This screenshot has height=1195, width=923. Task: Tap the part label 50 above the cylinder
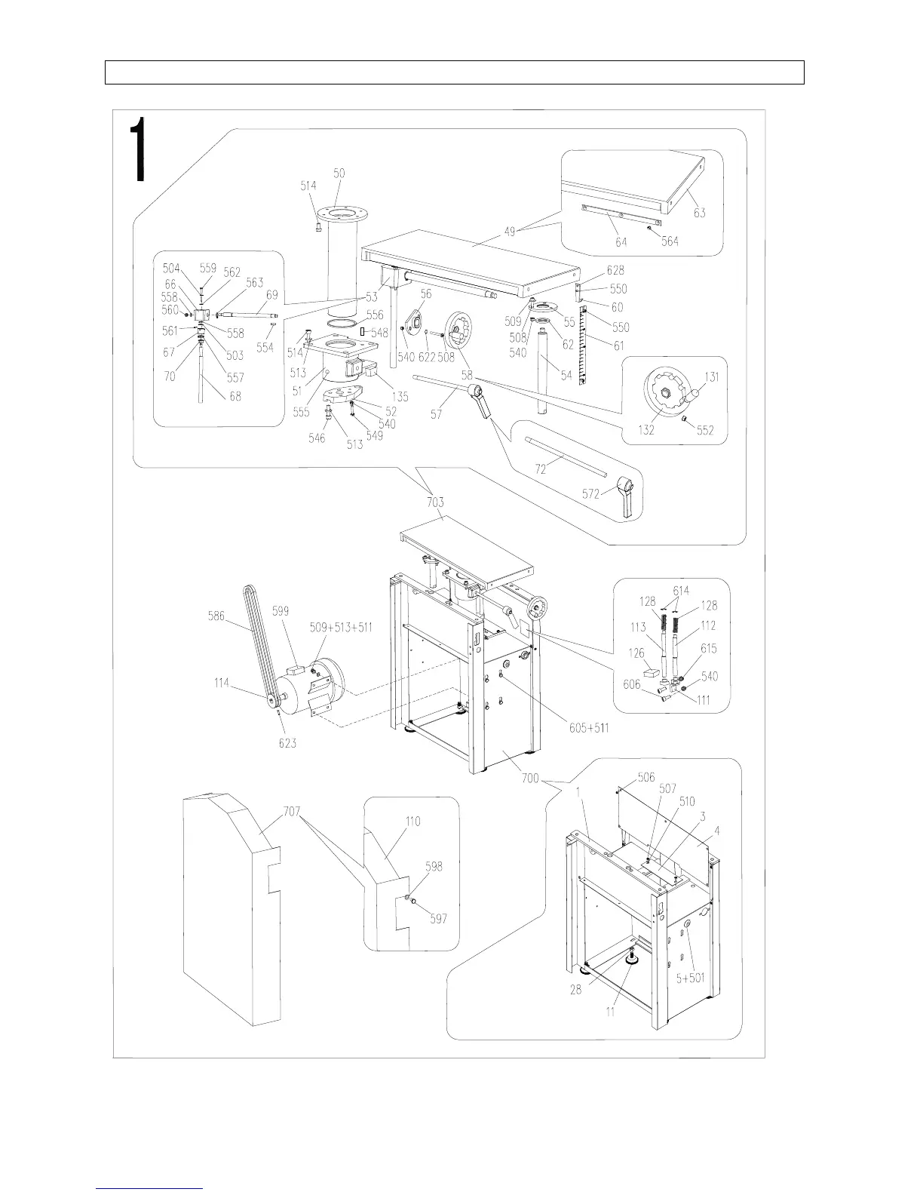click(339, 173)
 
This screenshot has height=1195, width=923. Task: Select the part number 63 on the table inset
click(700, 213)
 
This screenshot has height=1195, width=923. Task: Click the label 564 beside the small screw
click(670, 241)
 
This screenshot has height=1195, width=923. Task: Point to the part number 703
click(435, 502)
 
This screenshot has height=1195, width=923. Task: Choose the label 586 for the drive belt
click(218, 616)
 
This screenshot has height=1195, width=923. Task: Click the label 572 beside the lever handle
click(590, 494)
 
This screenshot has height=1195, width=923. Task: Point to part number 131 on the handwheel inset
click(712, 376)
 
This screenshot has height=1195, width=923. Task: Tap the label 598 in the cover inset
click(434, 867)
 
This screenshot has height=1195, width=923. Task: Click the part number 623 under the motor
click(287, 742)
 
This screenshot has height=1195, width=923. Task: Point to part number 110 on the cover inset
click(412, 822)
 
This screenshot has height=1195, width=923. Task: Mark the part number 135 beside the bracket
click(399, 397)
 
